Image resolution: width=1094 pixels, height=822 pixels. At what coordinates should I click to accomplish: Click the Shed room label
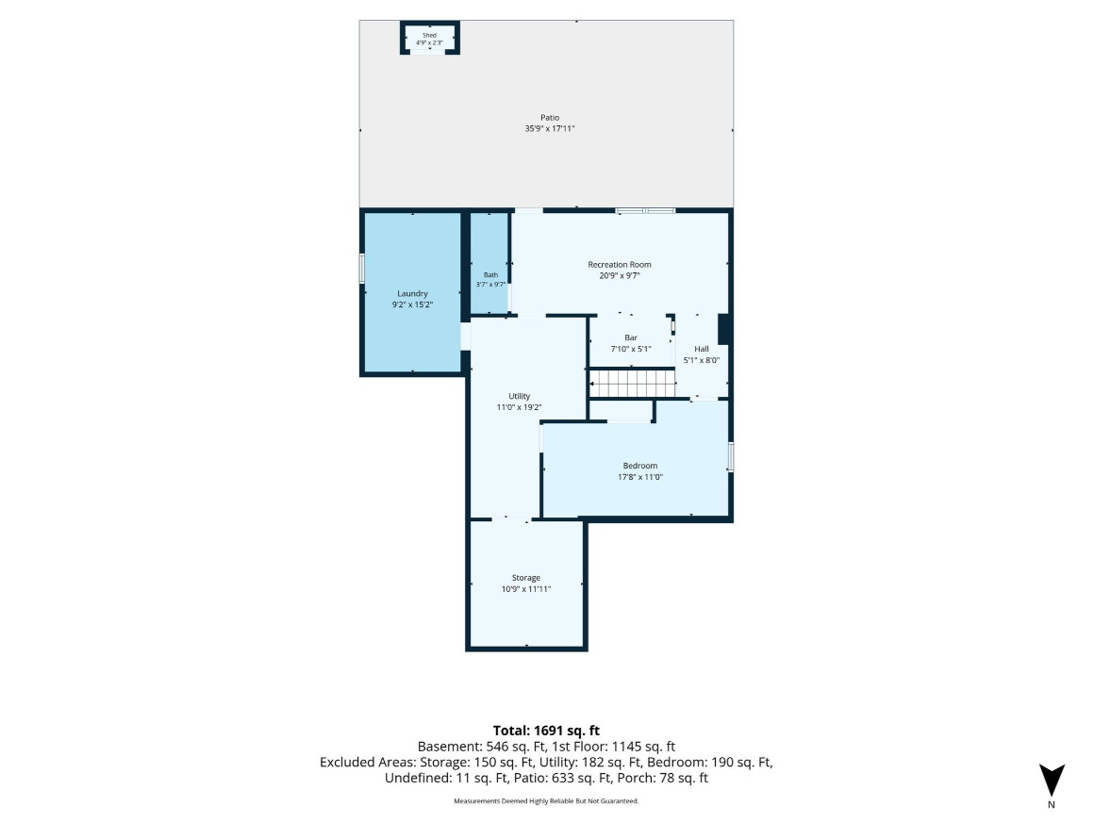(x=429, y=35)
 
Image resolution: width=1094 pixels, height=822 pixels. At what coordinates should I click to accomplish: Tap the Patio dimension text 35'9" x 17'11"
(x=550, y=128)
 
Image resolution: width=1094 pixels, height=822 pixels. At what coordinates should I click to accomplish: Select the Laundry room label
(x=412, y=293)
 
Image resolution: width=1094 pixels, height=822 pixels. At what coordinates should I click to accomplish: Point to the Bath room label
(x=490, y=274)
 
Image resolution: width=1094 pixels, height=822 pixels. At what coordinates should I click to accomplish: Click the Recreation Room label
(x=620, y=264)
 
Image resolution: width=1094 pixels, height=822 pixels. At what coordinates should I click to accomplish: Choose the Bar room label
(x=631, y=337)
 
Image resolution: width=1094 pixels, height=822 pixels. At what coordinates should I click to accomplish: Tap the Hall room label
(x=701, y=349)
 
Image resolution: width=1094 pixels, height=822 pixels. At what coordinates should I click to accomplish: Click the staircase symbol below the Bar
(x=633, y=384)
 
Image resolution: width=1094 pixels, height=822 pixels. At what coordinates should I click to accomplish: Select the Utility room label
(x=519, y=396)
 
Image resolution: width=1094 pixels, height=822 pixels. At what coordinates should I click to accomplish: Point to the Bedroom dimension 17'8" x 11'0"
(x=640, y=477)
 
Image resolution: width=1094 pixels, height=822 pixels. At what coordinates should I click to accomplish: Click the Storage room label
(x=526, y=577)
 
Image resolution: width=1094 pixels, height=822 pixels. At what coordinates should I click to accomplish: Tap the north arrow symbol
(x=1052, y=781)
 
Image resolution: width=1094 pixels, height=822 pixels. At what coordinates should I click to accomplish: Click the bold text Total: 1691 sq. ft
(x=546, y=731)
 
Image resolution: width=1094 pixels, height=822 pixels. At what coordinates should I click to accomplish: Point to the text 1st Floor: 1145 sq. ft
(x=613, y=747)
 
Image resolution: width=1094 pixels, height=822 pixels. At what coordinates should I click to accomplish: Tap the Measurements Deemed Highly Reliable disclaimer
(x=546, y=801)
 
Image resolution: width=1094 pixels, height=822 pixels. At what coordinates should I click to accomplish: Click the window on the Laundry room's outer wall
(x=362, y=269)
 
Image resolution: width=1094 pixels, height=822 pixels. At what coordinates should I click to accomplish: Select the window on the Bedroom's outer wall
(x=731, y=456)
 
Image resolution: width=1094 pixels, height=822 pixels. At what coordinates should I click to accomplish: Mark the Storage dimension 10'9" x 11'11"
(x=526, y=589)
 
